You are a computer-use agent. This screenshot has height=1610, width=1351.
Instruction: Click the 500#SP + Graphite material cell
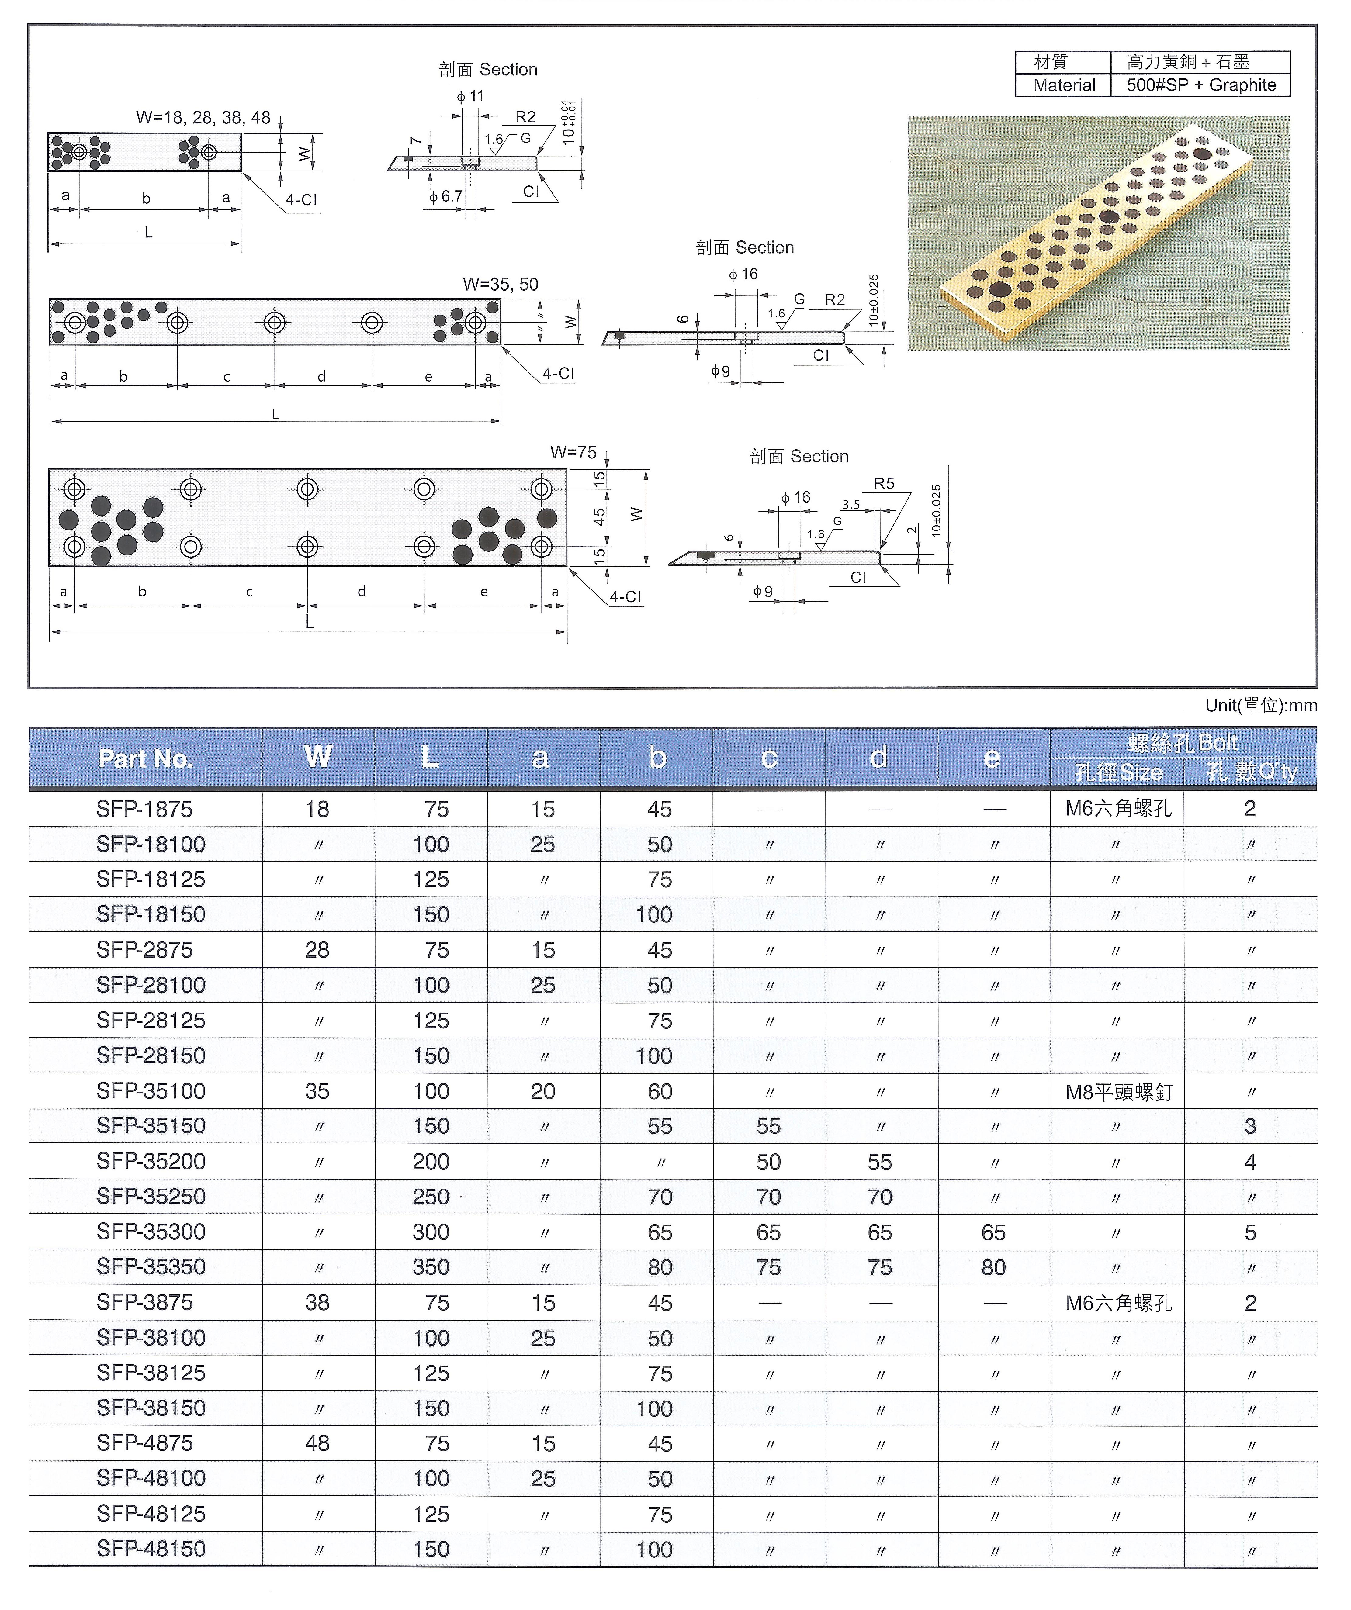[x=1201, y=85]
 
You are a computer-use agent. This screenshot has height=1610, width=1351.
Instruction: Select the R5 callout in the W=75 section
[x=884, y=484]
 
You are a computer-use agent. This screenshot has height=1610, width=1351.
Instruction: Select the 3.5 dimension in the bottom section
[x=851, y=504]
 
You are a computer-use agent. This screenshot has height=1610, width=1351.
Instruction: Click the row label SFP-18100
[x=151, y=844]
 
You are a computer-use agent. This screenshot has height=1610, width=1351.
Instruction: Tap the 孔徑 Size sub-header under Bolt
[x=1118, y=772]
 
